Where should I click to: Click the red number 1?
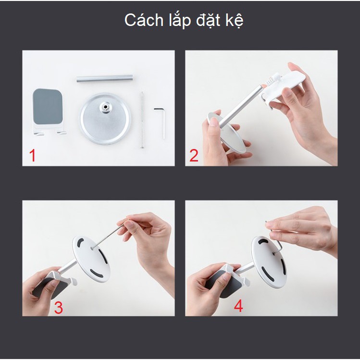[33, 155]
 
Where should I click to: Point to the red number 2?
[194, 155]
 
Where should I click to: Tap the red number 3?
[58, 307]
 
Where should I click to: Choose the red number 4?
[238, 306]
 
